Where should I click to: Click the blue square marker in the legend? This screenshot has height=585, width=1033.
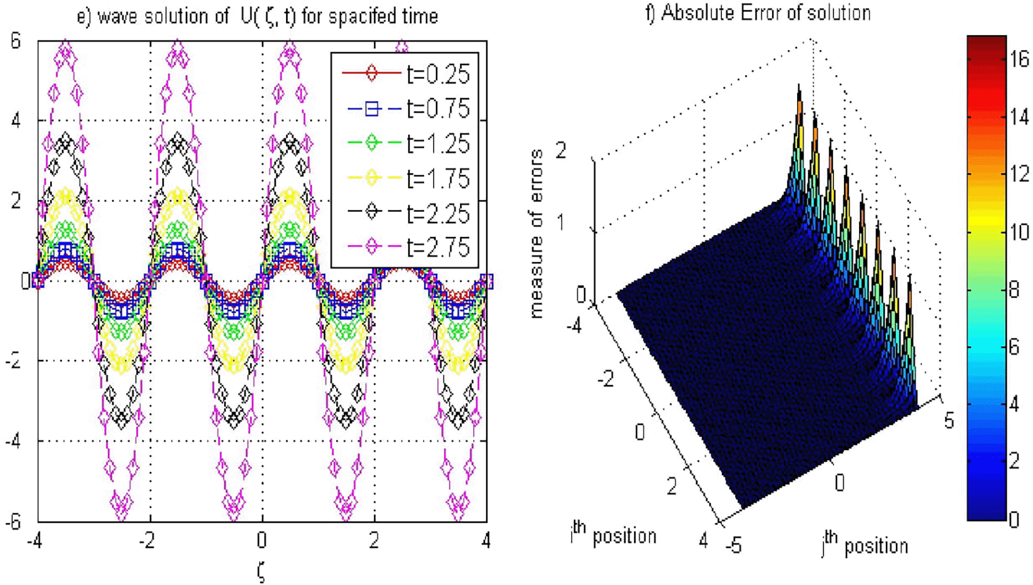pos(372,109)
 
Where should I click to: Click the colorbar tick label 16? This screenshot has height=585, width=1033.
pos(1020,59)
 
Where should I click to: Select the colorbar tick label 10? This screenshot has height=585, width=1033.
pos(1020,232)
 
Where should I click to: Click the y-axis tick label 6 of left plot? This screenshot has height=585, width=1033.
pos(16,41)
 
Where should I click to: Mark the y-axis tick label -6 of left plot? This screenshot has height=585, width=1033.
pos(13,521)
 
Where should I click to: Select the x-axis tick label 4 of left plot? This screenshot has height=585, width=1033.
pos(486,541)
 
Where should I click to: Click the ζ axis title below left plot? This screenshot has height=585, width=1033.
pos(261,570)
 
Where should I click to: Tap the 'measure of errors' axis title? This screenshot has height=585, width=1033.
pos(536,234)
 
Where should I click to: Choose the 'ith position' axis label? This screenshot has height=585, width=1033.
pos(613,534)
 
